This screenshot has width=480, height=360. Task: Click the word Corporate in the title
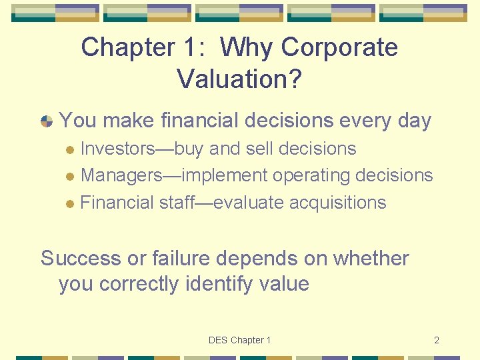[340, 48]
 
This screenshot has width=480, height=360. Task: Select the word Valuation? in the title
[239, 79]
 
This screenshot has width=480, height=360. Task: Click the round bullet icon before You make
[47, 121]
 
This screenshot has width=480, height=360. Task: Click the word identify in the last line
[218, 284]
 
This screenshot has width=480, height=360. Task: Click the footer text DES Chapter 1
[239, 340]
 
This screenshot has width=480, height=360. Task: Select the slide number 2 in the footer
[436, 340]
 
